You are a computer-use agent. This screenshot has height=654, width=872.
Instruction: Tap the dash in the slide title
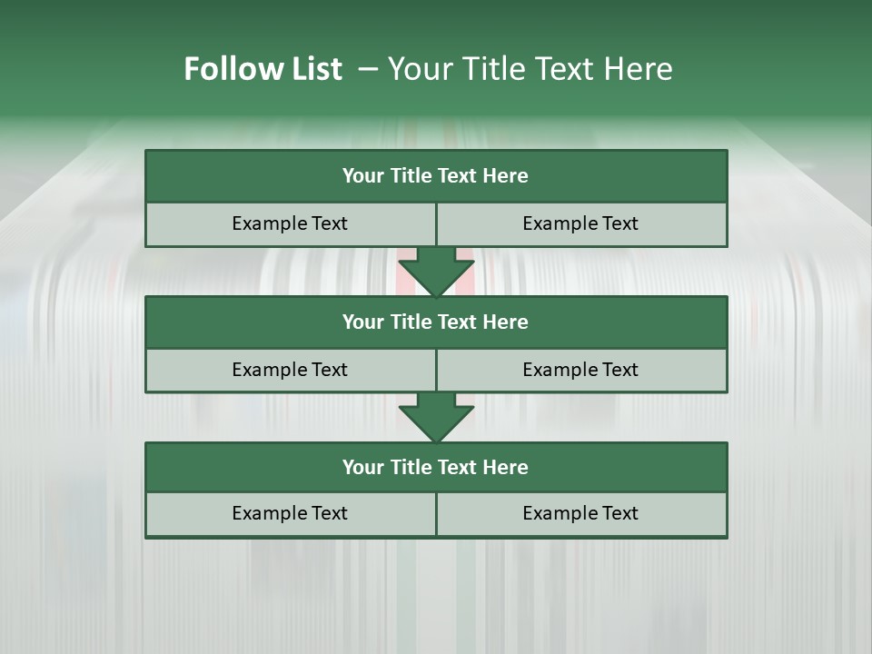369,69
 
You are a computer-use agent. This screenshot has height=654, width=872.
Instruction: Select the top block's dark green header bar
436,176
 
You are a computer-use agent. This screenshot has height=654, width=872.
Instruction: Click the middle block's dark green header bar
436,322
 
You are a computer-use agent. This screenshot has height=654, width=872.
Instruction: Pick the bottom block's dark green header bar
436,467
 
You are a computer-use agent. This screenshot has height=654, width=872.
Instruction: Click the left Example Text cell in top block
290,223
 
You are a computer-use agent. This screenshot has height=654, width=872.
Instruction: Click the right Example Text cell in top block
580,223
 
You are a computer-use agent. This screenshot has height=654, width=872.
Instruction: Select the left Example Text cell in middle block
290,370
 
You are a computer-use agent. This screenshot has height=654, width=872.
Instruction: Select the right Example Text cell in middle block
580,370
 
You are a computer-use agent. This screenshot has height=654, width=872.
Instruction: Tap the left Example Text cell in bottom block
290,513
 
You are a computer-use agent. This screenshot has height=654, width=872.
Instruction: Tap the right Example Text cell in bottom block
580,513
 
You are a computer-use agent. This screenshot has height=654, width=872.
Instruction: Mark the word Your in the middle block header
363,322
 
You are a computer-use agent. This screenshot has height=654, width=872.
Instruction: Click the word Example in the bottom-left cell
271,513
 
